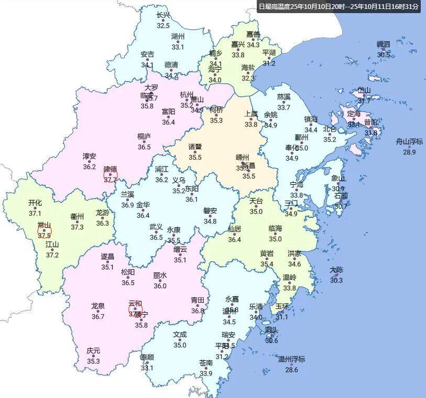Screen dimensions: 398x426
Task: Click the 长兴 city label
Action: click(163, 16)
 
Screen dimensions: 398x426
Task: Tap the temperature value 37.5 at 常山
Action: click(44, 235)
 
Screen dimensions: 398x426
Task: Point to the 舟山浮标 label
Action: click(409, 141)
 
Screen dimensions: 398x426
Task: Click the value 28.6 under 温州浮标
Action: click(291, 370)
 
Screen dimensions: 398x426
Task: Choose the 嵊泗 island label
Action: click(384, 45)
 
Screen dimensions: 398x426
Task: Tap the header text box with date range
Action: click(338, 6)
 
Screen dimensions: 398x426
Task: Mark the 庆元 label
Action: click(93, 351)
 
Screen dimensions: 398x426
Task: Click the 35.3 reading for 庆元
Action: click(93, 361)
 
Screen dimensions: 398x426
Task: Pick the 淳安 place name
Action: click(89, 157)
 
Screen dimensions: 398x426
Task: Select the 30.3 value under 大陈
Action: click(336, 280)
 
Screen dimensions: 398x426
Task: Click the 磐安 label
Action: click(210, 211)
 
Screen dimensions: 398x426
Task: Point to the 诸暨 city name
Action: click(195, 147)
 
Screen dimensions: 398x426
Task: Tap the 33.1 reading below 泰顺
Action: click(147, 368)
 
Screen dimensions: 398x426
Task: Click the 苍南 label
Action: click(206, 363)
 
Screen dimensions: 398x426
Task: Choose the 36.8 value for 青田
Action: click(197, 311)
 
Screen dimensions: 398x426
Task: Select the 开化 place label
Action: click(35, 203)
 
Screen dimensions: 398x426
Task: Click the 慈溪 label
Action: click(283, 97)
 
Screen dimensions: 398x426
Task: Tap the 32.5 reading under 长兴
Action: click(163, 26)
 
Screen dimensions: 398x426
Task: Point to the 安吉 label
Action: click(147, 54)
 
